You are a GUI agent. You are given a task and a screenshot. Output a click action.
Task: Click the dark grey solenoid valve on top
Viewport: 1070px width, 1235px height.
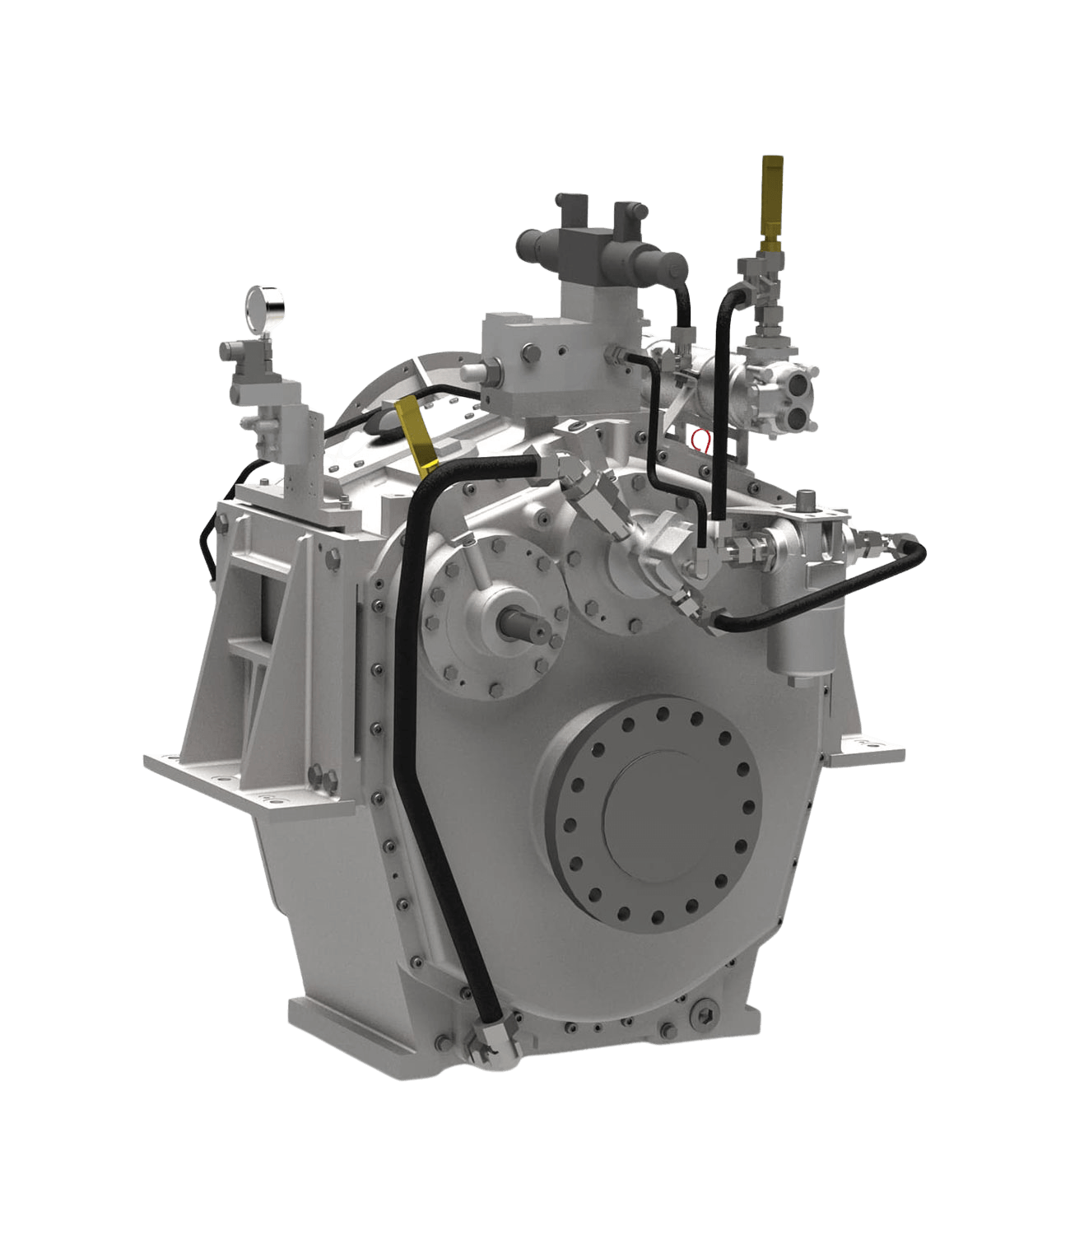(x=601, y=239)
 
